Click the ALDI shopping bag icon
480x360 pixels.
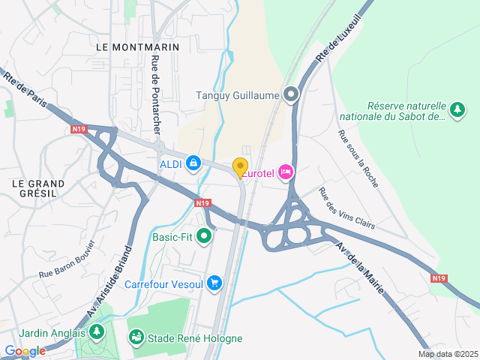(193, 162)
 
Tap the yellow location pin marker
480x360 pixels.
(240, 168)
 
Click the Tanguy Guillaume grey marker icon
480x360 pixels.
(291, 94)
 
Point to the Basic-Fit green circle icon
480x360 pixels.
(202, 237)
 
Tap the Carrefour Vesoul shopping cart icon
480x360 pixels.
(215, 283)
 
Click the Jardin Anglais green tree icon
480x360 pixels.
(96, 331)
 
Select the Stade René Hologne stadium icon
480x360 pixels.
(135, 338)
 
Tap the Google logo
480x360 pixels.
(24, 351)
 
